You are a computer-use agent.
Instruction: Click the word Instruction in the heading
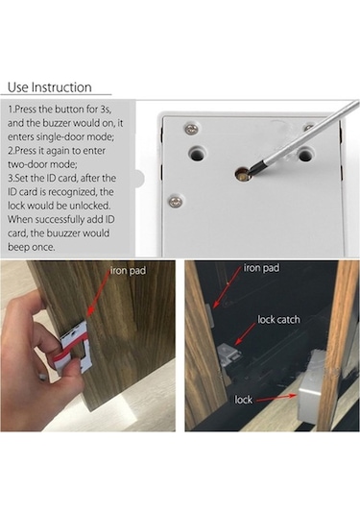coord(62,86)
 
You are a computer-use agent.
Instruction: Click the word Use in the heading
coord(18,86)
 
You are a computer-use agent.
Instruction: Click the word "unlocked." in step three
coord(103,218)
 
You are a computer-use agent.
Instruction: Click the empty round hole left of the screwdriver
coord(201,151)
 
